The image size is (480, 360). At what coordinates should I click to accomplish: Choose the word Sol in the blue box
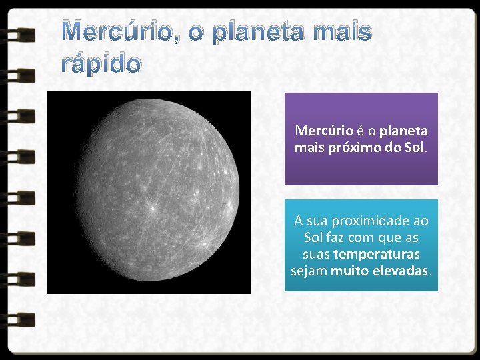[x=313, y=237]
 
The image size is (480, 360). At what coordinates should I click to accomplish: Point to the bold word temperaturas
[x=376, y=254]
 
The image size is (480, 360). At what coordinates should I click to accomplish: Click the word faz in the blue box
[x=335, y=237]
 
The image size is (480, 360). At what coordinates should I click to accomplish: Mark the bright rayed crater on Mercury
[x=153, y=209]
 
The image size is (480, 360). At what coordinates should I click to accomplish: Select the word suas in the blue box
[x=317, y=254]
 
